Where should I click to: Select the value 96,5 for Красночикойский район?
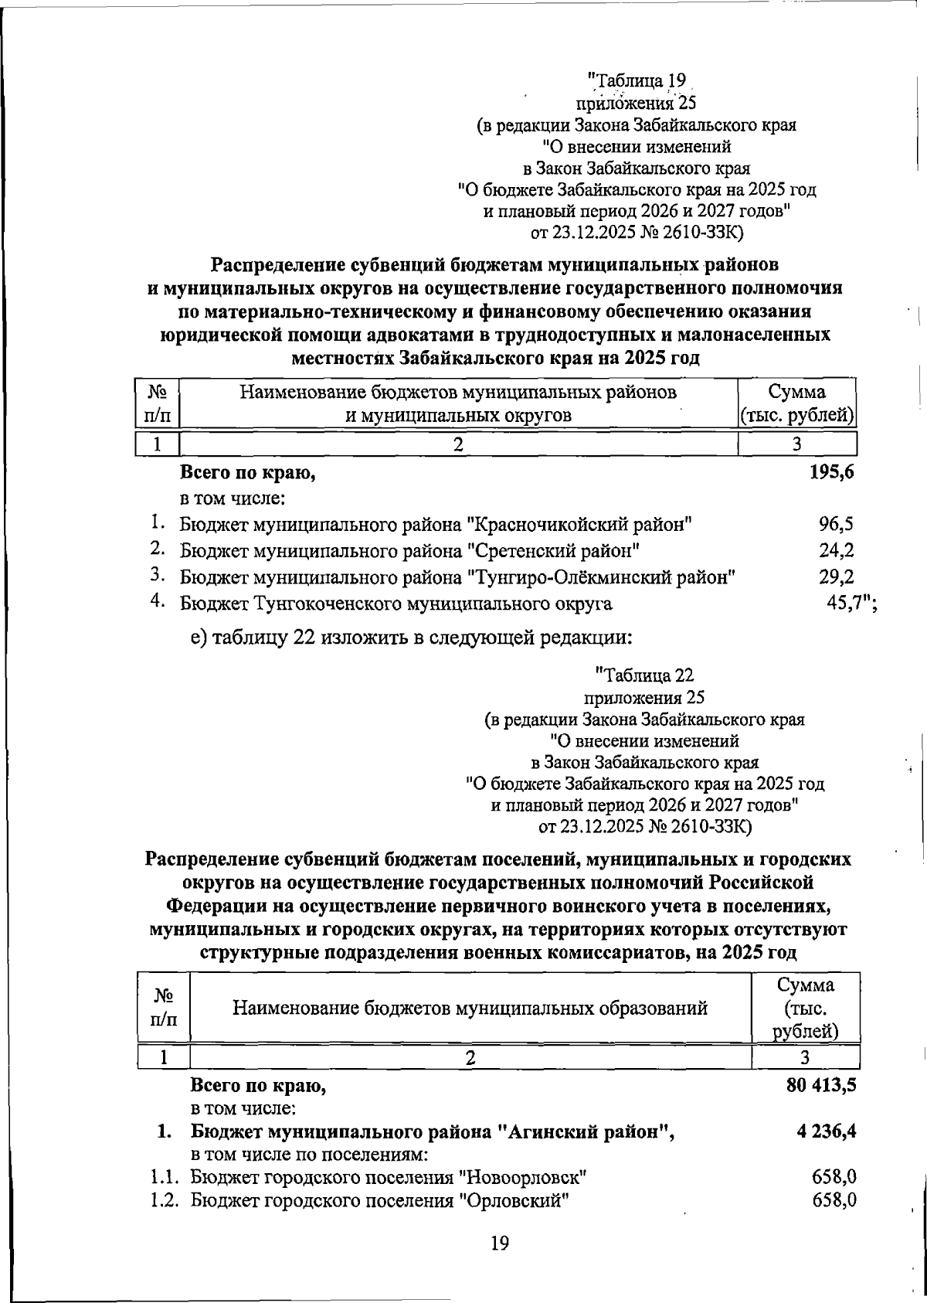[836, 525]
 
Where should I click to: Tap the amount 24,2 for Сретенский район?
[836, 551]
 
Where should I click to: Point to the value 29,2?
[836, 577]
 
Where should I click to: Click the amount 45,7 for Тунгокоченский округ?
[846, 603]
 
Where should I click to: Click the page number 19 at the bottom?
[499, 1243]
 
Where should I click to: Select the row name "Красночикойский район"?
[579, 526]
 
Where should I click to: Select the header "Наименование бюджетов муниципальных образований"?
[470, 1008]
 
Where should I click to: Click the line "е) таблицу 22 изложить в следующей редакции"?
[412, 638]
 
